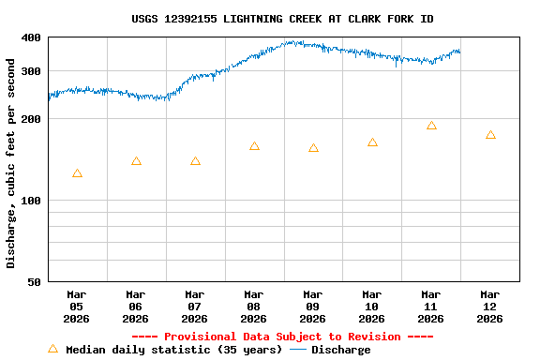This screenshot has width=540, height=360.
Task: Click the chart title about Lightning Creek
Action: pos(282,19)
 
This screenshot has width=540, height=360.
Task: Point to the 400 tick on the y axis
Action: pos(31,37)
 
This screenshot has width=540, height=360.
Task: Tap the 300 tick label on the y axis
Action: pos(31,71)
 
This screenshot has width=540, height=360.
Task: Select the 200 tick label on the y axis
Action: pos(31,119)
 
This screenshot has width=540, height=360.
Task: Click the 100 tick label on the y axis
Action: pos(31,201)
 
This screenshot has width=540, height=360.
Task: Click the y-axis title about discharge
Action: pos(11,163)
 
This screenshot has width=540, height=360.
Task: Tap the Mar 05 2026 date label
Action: pos(77,307)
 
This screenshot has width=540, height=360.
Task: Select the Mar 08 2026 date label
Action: pos(254,307)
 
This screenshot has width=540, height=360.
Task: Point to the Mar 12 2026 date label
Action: pos(489,307)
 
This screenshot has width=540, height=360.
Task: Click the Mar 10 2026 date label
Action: pos(372,307)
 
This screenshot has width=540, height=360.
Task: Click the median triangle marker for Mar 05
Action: pos(77,173)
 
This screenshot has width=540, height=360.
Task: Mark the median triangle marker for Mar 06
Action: pos(136,161)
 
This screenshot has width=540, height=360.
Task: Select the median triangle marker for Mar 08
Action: pos(254,146)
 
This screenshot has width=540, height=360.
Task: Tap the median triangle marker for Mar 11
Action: pos(431,126)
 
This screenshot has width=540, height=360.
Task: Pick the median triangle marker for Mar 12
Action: pos(490,135)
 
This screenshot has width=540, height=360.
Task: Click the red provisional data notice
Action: pos(282,337)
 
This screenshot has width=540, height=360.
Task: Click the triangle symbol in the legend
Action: pos(52,349)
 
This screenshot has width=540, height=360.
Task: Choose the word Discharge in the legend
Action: pos(340,350)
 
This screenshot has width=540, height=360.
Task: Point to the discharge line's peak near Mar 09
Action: pos(294,41)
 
